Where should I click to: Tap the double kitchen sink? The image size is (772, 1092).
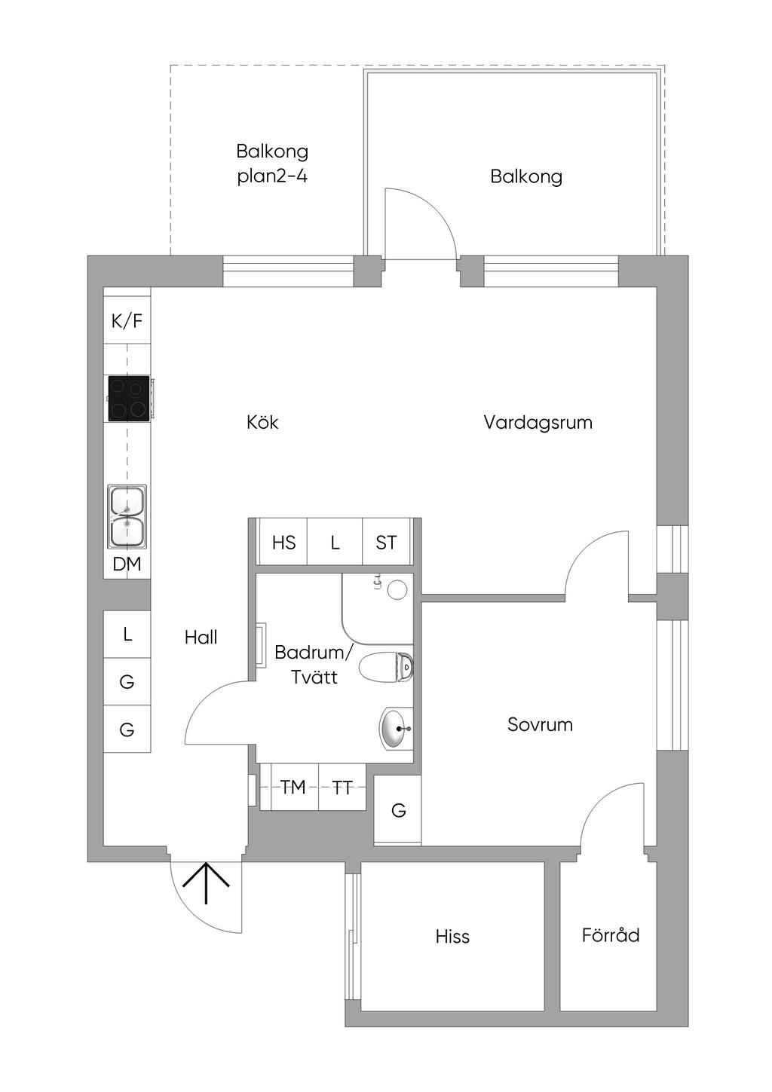[x=127, y=516]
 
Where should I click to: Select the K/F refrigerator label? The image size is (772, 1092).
[x=127, y=322]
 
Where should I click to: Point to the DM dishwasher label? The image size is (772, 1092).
[x=127, y=564]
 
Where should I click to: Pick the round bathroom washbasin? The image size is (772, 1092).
[x=396, y=729]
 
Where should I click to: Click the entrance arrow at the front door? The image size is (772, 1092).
[x=206, y=882]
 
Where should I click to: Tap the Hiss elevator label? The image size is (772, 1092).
[x=452, y=937]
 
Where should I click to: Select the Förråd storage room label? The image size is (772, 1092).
[x=611, y=935]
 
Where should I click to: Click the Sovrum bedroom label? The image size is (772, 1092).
[x=540, y=725]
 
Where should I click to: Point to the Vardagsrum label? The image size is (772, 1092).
[x=538, y=423]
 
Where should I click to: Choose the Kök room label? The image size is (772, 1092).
[x=262, y=422]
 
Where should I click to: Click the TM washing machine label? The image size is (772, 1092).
[x=293, y=788]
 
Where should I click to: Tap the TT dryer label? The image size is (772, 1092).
[x=342, y=788]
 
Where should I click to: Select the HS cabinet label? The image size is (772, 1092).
[x=283, y=543]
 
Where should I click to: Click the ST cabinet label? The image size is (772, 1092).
[x=386, y=543]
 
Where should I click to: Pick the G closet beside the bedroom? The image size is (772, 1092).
[x=398, y=811]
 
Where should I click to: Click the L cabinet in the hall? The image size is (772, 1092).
[x=127, y=635]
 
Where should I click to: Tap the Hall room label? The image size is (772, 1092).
[x=201, y=638]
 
